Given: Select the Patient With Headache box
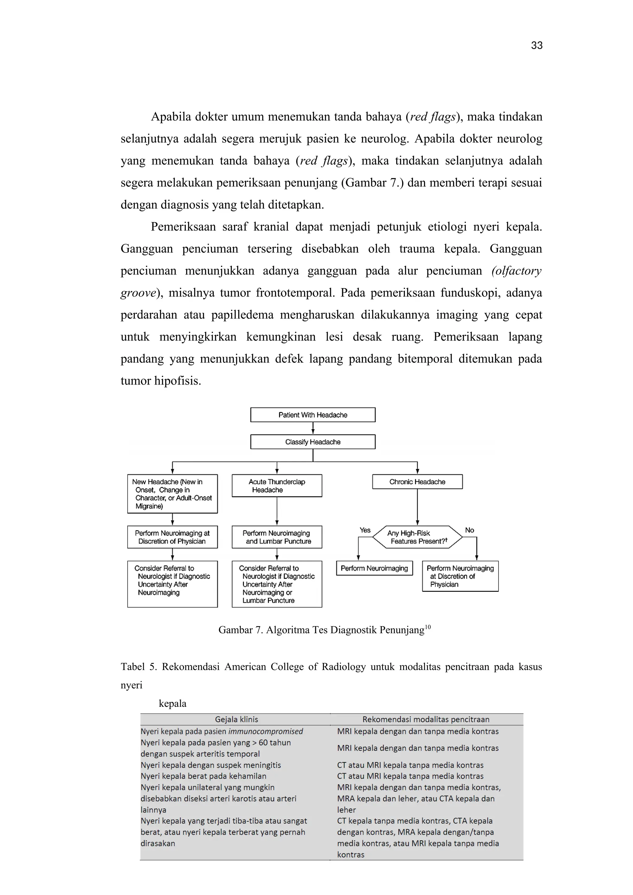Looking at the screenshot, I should point(312,415).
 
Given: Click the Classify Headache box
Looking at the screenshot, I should point(312,442).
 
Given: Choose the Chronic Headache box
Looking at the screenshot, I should point(417,481).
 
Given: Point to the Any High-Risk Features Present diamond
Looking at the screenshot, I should point(417,537).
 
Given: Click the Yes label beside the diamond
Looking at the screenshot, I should point(365,530).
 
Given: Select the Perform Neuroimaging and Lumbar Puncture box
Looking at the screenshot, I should point(277,537).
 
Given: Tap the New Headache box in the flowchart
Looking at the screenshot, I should point(172,494).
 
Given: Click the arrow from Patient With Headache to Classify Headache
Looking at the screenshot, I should point(312,428).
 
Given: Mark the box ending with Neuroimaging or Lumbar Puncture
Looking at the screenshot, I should point(277,583).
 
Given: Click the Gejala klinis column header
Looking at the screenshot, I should point(236,719).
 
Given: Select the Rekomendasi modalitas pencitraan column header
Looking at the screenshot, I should point(426,719).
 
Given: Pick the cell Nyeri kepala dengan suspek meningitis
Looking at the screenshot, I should point(210,765).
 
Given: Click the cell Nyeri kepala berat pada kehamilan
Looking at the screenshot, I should point(203,776).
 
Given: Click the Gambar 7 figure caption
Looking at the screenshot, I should point(321,630).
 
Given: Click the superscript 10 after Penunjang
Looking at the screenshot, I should point(427,627).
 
